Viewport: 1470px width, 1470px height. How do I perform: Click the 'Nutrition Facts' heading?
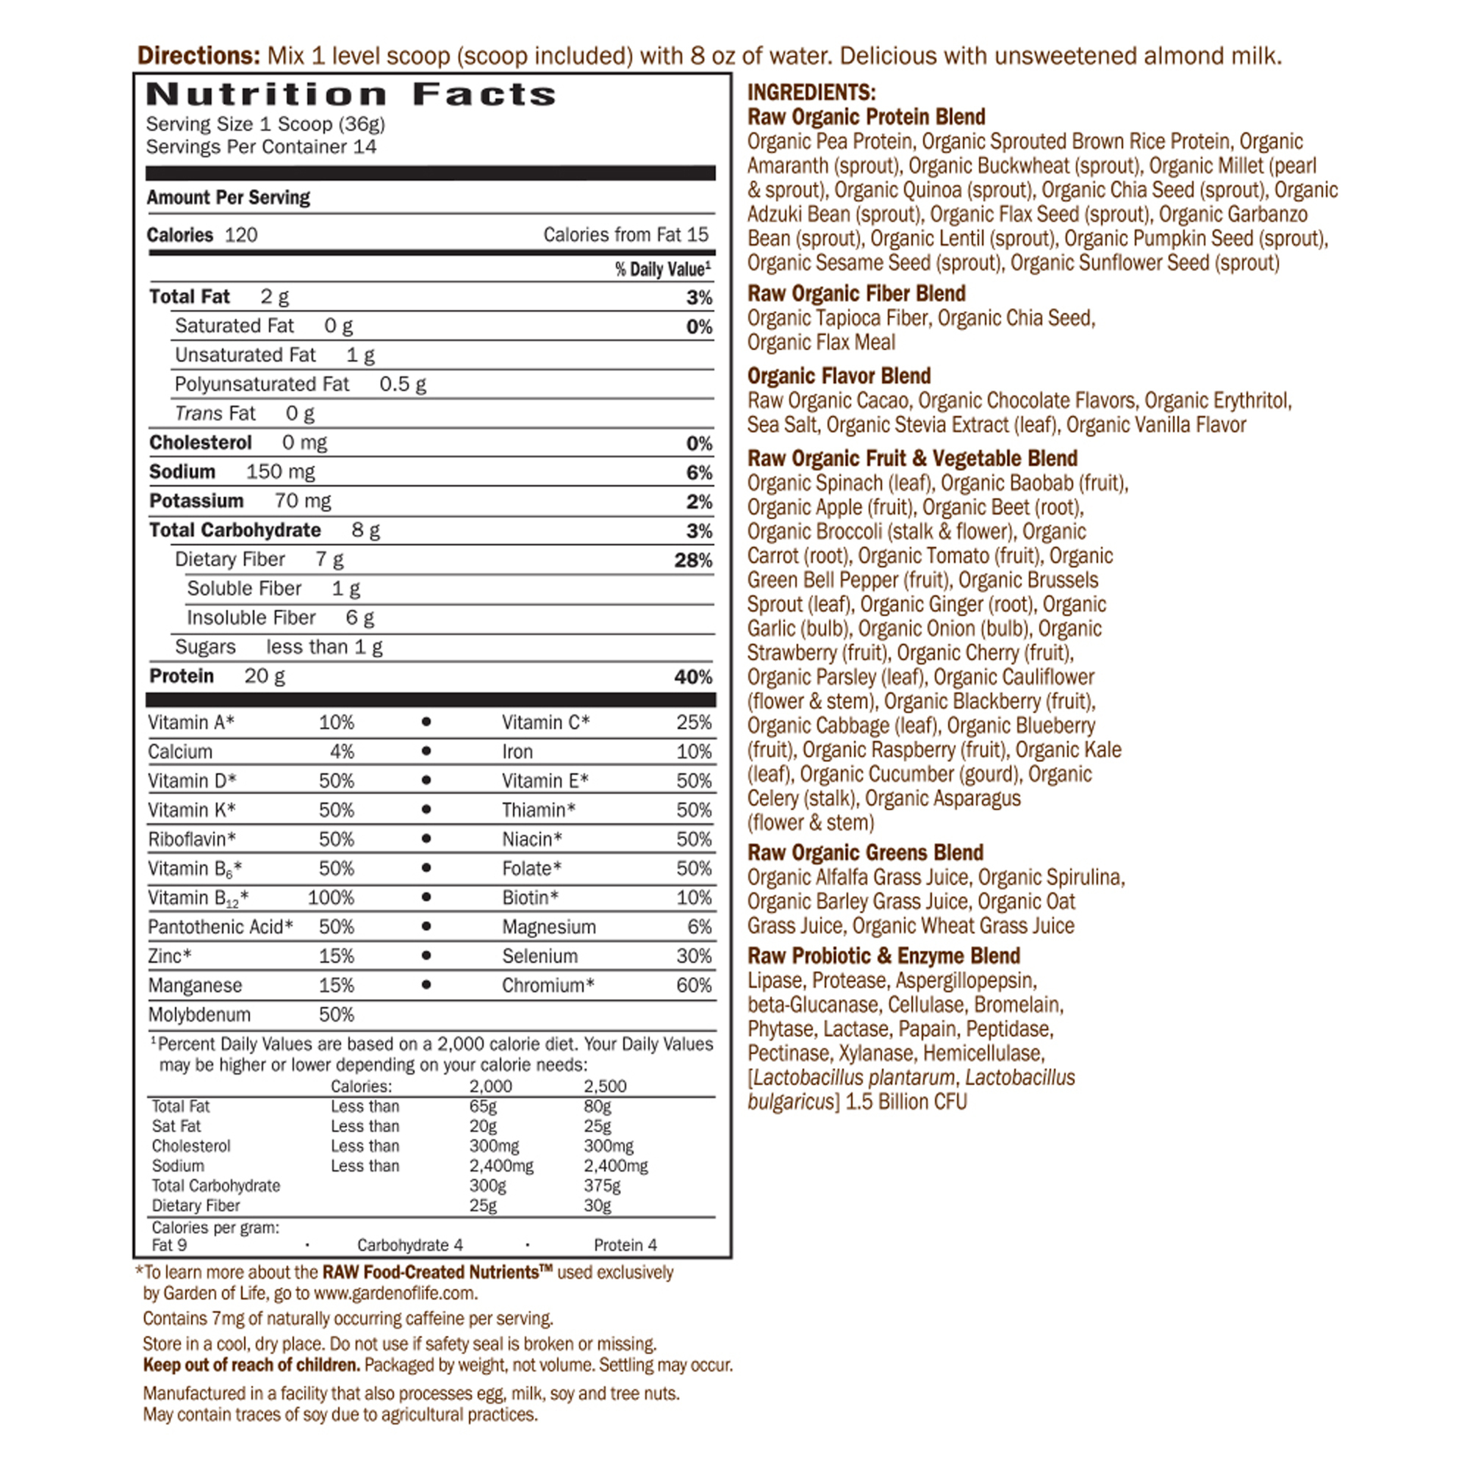point(351,94)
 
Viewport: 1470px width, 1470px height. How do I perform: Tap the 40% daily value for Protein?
point(692,677)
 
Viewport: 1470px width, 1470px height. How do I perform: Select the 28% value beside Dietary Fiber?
point(692,561)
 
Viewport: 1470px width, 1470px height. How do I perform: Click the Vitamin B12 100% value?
point(330,898)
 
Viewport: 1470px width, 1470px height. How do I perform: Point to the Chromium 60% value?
point(693,986)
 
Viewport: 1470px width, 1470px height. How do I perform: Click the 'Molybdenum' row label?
point(198,1015)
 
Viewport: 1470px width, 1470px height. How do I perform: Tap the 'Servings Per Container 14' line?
point(261,147)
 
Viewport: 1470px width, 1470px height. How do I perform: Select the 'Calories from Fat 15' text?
point(625,235)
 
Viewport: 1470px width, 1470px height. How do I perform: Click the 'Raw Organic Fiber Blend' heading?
point(856,294)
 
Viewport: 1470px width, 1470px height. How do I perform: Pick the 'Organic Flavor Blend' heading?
point(839,376)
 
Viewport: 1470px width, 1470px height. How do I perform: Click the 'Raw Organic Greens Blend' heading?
point(864,852)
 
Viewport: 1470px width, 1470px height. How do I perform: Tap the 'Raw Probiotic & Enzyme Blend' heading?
point(883,955)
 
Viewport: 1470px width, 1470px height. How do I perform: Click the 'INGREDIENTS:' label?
point(811,92)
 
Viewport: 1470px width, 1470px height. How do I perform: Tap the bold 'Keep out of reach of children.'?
point(251,1365)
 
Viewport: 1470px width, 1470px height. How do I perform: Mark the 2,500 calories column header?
point(604,1086)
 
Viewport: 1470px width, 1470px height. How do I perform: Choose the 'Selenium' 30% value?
point(693,956)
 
